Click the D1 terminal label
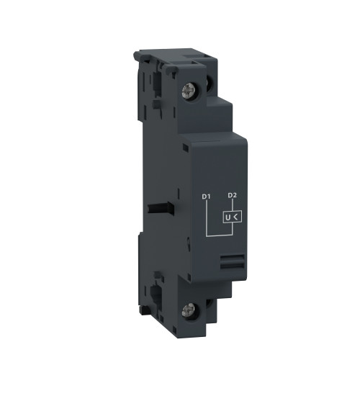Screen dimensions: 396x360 point(206,196)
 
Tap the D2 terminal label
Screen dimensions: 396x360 point(232,196)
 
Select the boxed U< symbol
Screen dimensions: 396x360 point(231,217)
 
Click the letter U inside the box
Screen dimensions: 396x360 point(228,217)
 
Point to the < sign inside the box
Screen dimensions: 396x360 point(236,217)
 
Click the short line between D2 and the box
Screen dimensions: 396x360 point(232,205)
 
